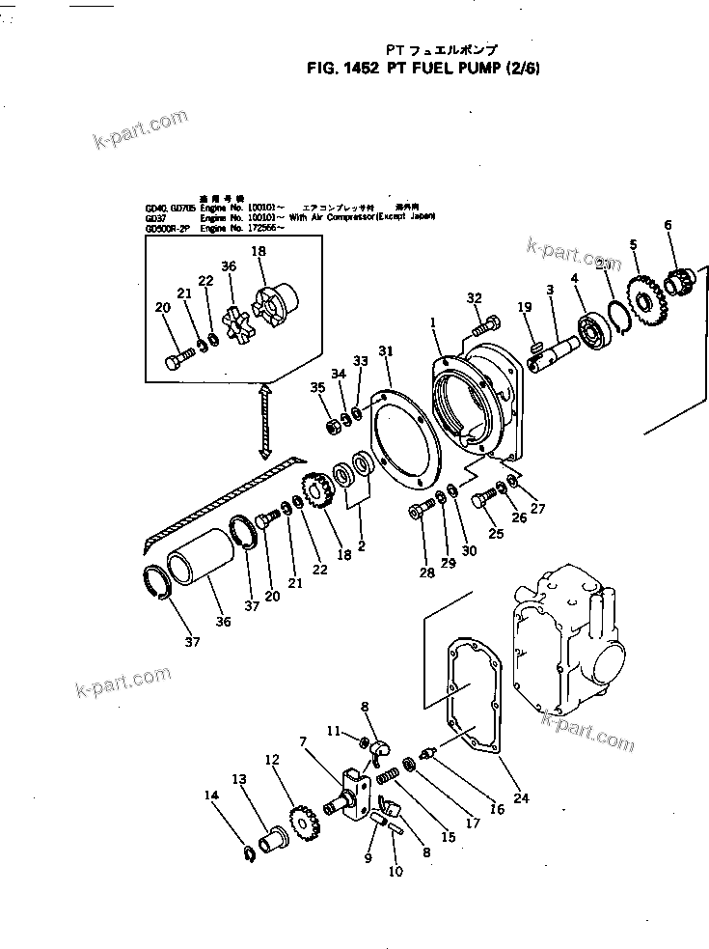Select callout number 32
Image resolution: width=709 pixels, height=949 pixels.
(x=474, y=296)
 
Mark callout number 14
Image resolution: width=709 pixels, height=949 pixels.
(x=211, y=795)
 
